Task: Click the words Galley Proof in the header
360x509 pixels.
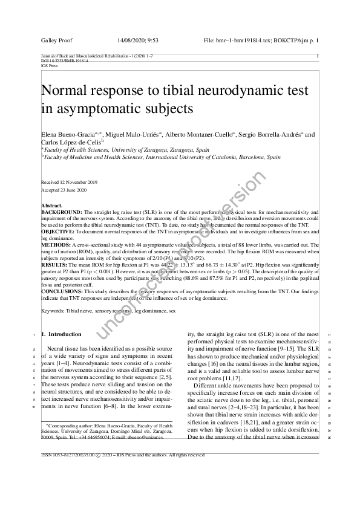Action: click(57, 41)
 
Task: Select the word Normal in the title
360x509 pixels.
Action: click(67, 92)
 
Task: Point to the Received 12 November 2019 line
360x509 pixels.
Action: click(68, 182)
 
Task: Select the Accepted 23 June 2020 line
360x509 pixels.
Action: click(64, 190)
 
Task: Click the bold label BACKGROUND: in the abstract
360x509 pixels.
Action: click(61, 213)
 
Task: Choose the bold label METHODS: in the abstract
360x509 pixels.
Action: click(55, 245)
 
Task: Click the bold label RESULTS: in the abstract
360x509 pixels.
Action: click(55, 264)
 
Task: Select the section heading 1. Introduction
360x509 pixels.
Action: click(61, 334)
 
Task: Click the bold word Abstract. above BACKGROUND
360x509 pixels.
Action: click(51, 206)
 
